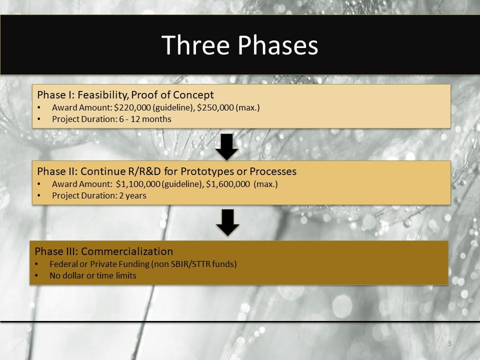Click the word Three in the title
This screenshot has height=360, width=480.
pyautogui.click(x=196, y=45)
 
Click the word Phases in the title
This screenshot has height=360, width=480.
pyautogui.click(x=278, y=45)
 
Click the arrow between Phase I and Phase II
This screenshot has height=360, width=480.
pyautogui.click(x=226, y=146)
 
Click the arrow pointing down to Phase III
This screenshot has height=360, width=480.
pyautogui.click(x=227, y=222)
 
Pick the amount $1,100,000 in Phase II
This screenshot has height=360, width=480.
pyautogui.click(x=137, y=184)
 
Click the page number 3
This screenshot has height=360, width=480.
pyautogui.click(x=449, y=343)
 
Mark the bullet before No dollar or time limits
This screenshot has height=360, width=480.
pyautogui.click(x=37, y=275)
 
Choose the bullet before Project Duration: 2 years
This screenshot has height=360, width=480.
pyautogui.click(x=40, y=195)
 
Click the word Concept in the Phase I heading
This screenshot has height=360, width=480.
pyautogui.click(x=193, y=95)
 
